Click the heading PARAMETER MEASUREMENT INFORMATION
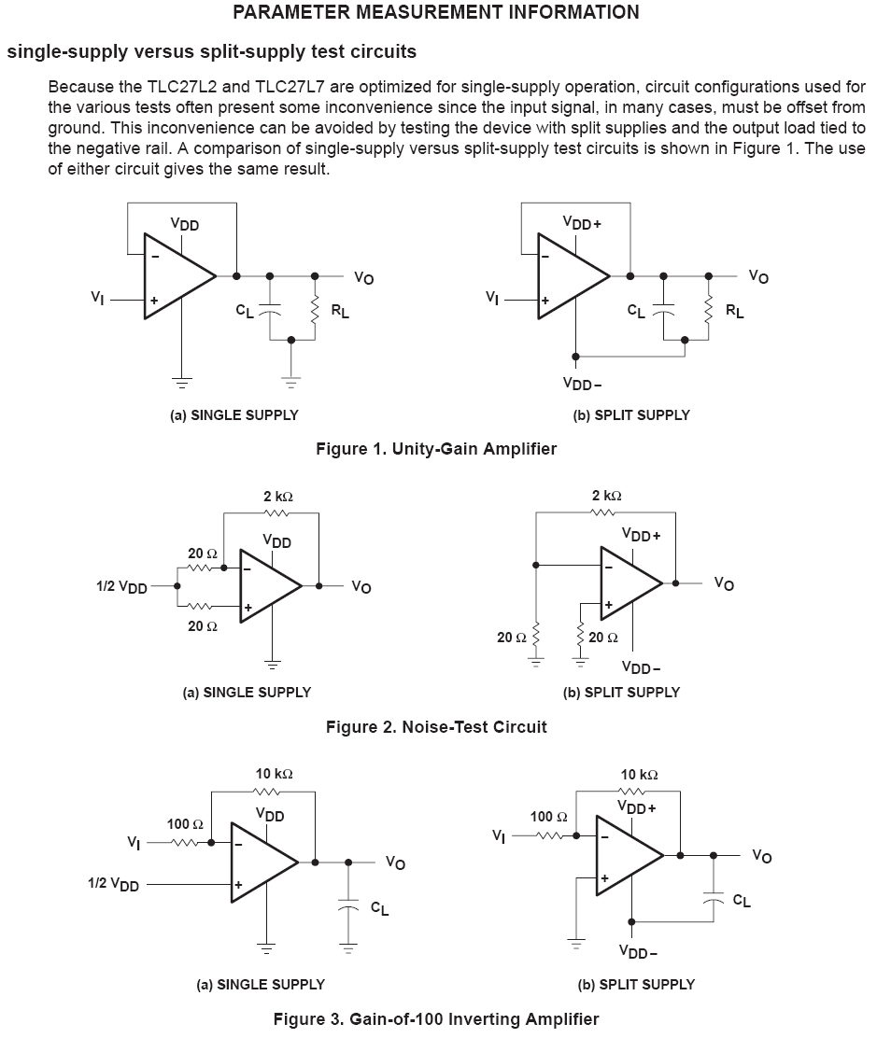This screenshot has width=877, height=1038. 436,12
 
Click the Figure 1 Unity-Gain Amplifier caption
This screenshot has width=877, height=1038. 436,449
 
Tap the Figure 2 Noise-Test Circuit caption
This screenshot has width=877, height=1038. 436,726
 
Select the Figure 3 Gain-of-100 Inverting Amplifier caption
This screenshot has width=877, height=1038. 436,1018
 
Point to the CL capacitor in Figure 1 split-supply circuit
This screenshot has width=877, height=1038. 664,311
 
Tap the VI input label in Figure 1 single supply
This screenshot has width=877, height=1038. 97,298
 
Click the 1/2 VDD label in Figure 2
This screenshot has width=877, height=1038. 121,587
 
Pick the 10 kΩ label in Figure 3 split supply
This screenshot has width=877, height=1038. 639,775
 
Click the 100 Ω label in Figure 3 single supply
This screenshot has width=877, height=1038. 185,824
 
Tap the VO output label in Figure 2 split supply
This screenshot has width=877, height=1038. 724,583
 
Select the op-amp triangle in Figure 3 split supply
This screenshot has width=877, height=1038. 627,855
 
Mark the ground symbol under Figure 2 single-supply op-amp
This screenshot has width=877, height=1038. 272,664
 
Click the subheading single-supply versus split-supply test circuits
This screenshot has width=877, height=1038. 212,50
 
